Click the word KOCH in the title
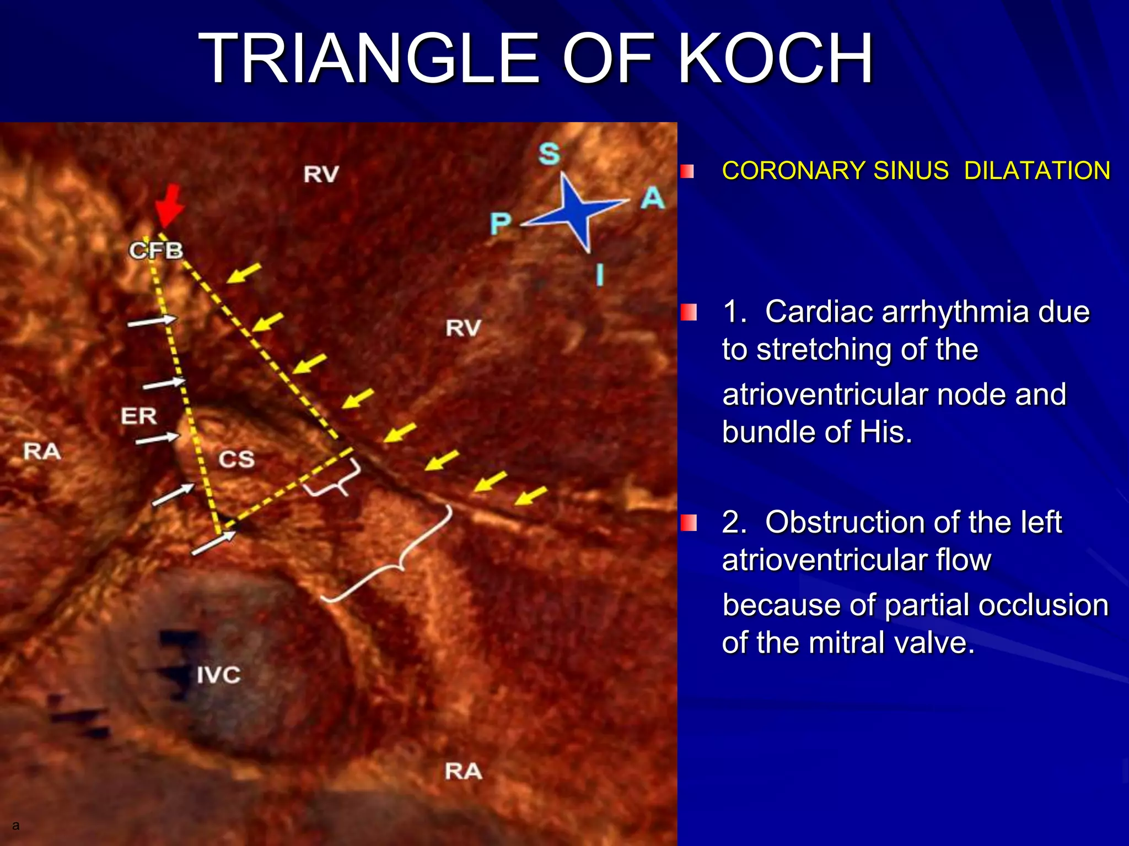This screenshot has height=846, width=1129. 775,59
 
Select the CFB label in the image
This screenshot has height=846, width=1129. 156,251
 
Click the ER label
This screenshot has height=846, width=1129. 139,416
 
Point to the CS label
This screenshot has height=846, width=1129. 236,459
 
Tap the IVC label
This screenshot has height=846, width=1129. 219,675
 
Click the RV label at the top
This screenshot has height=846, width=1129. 321,175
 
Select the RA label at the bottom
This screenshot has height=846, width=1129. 463,772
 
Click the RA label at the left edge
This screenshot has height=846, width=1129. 42,452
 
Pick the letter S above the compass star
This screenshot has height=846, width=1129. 549,153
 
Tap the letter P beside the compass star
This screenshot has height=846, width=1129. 501,224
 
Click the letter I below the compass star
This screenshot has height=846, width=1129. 600,274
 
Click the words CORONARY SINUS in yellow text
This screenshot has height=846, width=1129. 835,171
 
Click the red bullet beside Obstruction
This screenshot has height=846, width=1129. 688,523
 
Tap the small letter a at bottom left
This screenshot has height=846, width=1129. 15,825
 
